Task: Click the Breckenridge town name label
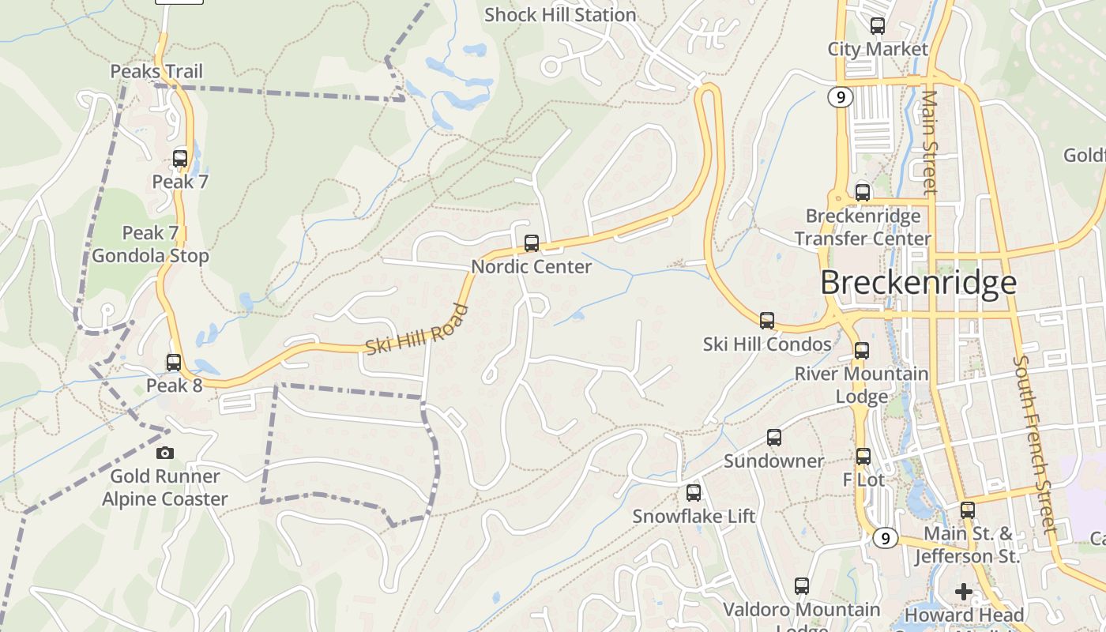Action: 918,282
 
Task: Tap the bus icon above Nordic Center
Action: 532,243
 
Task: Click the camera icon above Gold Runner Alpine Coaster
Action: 164,453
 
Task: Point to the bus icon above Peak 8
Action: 174,363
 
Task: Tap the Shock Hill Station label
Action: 560,15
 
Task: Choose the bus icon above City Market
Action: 877,26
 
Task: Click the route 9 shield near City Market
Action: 840,97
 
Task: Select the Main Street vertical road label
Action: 930,142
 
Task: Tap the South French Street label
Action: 1034,444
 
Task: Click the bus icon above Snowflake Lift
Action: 694,493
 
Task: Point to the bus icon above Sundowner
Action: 774,438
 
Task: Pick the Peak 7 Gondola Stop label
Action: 150,244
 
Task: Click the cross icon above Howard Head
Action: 963,591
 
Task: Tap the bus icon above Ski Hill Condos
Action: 767,321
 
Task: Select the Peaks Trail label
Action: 156,71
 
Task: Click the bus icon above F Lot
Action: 863,457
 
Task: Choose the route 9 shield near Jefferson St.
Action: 886,538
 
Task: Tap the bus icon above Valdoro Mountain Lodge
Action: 802,586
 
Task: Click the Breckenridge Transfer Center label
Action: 863,227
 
